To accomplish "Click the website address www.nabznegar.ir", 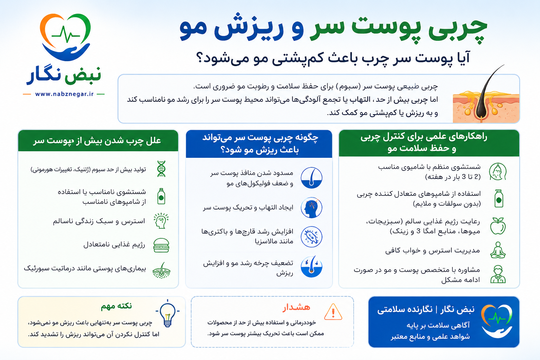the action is (64, 94).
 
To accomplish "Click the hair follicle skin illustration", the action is (486, 99).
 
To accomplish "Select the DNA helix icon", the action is (161, 169).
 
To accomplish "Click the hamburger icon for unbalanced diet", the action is (161, 245).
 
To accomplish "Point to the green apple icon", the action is (498, 226).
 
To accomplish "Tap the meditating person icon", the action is (498, 250).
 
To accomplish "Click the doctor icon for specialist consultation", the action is (498, 274).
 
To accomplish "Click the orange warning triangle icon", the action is (333, 312).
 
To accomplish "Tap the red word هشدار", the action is (296, 307).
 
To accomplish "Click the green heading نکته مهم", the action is (116, 306).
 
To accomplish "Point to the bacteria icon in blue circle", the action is (311, 237).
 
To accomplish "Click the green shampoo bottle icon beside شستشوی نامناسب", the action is (161, 196).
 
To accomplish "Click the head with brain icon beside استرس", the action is (161, 221).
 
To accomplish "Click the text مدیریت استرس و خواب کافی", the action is (432, 251).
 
